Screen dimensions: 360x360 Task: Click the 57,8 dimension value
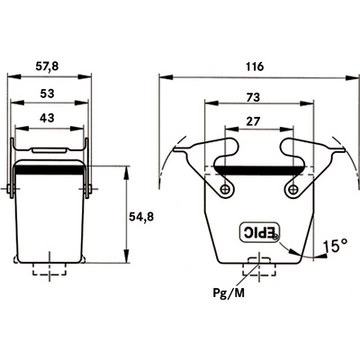[47, 66]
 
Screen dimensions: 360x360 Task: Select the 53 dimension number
[47, 94]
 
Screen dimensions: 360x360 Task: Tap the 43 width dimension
[47, 118]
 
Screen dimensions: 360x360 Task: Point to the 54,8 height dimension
[141, 217]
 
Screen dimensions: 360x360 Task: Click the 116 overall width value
[255, 67]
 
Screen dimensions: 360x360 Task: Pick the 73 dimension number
[253, 97]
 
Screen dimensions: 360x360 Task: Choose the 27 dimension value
[253, 122]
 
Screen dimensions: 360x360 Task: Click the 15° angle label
[335, 246]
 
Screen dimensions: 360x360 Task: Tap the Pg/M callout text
[229, 293]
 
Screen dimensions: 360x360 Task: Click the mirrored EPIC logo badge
[260, 232]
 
